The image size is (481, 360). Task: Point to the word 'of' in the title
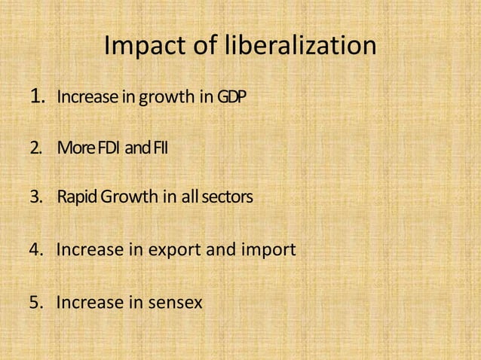pos(203,46)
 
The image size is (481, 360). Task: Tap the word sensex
pos(176,304)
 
